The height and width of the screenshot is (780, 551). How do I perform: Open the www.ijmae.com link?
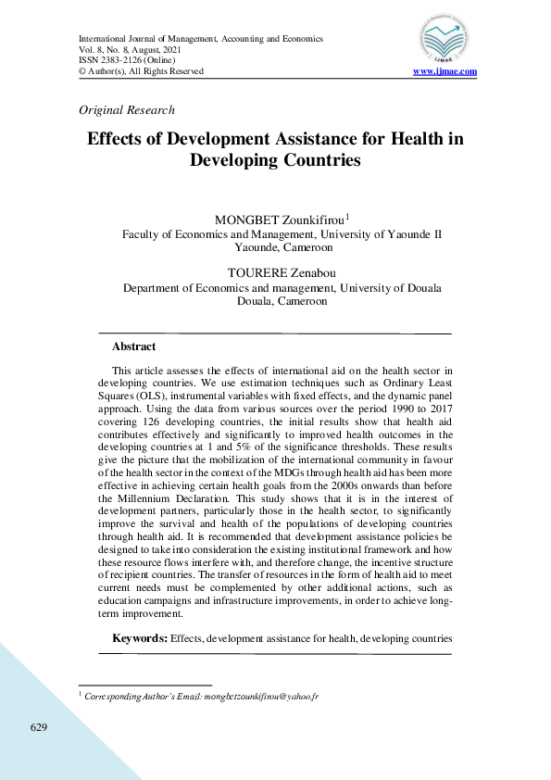pos(445,71)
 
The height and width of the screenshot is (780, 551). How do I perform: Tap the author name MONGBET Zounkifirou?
pos(279,220)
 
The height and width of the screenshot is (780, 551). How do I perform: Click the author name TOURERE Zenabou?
pos(282,272)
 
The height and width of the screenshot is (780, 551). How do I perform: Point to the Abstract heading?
pos(133,346)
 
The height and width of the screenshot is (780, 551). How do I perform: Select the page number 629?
pos(38,727)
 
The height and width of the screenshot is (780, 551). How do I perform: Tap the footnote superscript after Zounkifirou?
pos(347,217)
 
